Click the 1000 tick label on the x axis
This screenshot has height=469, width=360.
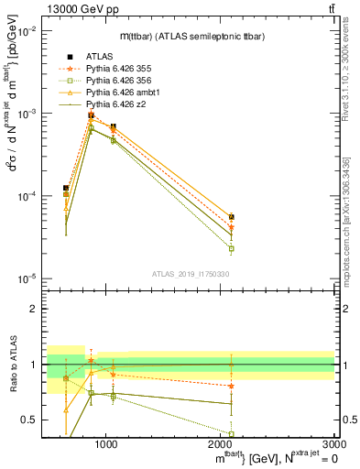106,445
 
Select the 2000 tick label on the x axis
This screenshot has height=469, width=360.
221,445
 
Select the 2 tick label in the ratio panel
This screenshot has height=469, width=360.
35,309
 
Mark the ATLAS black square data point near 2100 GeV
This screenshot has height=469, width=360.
231,217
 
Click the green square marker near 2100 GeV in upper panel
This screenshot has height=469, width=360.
231,248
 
